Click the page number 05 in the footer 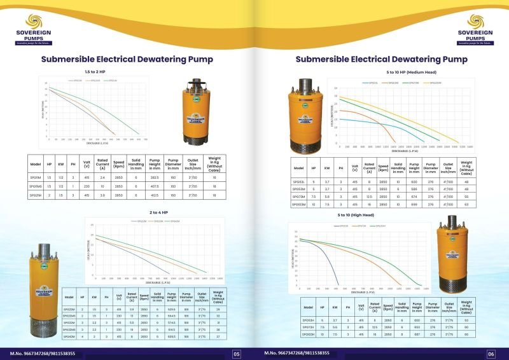[x=236, y=354]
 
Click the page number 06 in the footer [x=491, y=354]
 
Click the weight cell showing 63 [x=466, y=205]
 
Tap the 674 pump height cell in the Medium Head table [x=415, y=197]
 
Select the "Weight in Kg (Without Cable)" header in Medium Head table [x=466, y=168]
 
